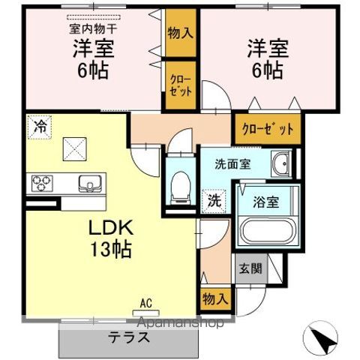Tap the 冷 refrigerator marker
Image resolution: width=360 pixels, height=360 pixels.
coord(38,126)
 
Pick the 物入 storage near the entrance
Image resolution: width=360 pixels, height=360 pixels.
coord(214,298)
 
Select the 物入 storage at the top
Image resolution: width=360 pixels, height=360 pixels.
coord(179,34)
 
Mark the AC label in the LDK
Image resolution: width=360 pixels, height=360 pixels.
coord(147,304)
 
